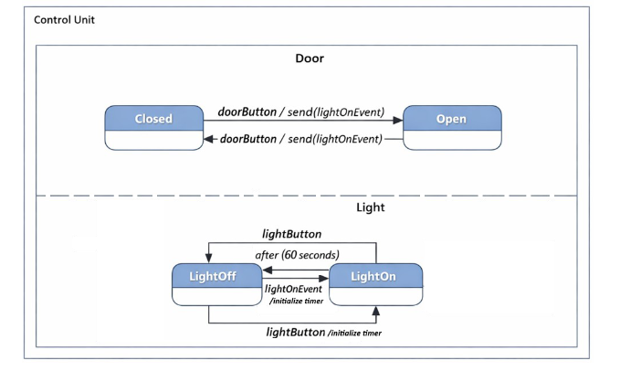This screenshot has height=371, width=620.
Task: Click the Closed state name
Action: tap(152, 119)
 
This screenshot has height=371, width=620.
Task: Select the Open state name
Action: tap(451, 119)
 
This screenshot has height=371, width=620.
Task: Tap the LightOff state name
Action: tap(212, 275)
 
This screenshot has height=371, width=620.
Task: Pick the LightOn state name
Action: tap(374, 275)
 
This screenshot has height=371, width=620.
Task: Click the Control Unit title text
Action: tap(64, 19)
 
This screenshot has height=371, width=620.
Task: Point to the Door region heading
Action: tap(309, 58)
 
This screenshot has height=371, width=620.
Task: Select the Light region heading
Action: tap(370, 207)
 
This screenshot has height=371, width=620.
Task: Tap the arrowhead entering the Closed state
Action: tap(209, 139)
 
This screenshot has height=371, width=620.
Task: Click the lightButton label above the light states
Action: tap(290, 235)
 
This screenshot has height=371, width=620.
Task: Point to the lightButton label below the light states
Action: tap(295, 333)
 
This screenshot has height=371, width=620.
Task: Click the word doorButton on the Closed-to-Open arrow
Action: tap(247, 112)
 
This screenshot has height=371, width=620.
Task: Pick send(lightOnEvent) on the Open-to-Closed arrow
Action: tap(335, 139)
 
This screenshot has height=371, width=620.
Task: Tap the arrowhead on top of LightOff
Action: tap(209, 260)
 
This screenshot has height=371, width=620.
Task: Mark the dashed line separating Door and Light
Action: tap(306, 196)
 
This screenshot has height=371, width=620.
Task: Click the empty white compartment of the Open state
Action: tap(451, 140)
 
